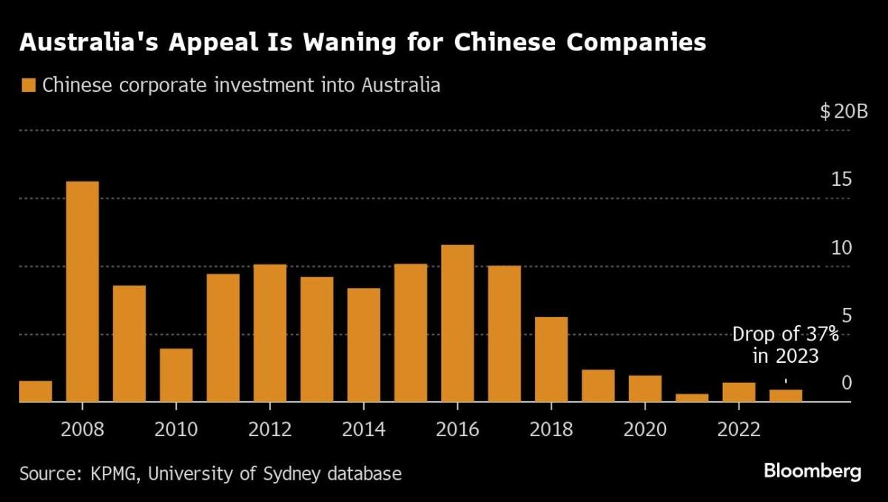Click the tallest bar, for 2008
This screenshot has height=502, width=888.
click(82, 292)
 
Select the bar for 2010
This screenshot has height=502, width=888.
click(176, 375)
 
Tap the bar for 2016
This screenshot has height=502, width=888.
click(457, 324)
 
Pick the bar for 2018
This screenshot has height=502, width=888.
click(551, 360)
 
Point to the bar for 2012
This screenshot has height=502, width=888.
click(269, 333)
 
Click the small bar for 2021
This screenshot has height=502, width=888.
click(692, 398)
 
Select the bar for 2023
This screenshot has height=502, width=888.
click(786, 395)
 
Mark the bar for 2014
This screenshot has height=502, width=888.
click(363, 345)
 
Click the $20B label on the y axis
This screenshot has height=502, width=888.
click(844, 113)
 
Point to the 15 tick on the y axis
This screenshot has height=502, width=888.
click(841, 180)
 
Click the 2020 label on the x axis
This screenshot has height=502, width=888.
click(645, 429)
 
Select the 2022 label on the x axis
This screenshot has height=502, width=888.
click(739, 429)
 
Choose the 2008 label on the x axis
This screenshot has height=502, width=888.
click(82, 429)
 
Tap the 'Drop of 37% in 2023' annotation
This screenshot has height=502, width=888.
click(785, 345)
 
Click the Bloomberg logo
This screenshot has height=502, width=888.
click(813, 472)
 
